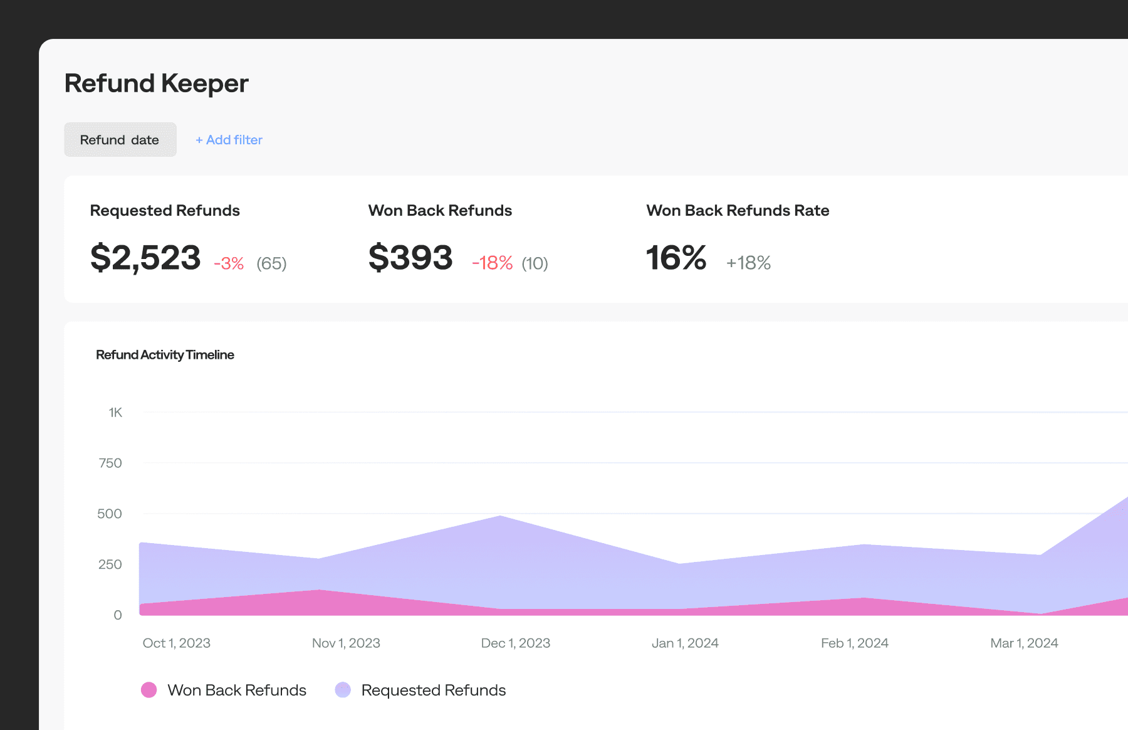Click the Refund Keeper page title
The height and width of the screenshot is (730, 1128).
pos(157,83)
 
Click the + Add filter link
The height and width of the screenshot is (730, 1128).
pos(229,140)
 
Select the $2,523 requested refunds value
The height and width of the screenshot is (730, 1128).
pos(145,258)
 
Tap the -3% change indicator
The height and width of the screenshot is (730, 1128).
pos(229,263)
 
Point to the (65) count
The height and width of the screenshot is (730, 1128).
pos(271,263)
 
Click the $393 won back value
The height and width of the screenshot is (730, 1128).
pos(410,258)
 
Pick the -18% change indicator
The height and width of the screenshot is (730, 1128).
pos(492,263)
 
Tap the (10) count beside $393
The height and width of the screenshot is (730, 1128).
pos(535,263)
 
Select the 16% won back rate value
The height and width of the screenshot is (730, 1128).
pos(676,258)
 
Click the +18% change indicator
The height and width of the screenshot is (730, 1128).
pos(748,263)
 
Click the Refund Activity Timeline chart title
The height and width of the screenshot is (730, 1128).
pos(165,355)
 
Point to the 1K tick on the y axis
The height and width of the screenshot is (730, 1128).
pos(115,413)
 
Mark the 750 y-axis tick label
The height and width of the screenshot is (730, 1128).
pos(110,463)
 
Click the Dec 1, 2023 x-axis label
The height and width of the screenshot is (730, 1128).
pos(515,643)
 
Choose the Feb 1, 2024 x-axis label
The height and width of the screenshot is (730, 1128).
pos(854,643)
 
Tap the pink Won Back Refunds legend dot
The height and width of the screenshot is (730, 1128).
pos(149,690)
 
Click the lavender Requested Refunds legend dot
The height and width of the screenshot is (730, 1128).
pos(343,690)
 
